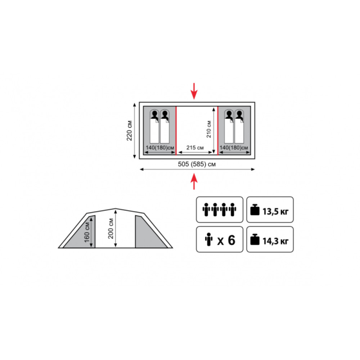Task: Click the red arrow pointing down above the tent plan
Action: (x=194, y=91)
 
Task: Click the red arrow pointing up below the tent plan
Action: (x=194, y=181)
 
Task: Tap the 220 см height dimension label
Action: (x=129, y=131)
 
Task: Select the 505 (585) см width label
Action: (x=197, y=164)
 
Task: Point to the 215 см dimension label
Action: (x=195, y=148)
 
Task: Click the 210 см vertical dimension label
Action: (x=209, y=129)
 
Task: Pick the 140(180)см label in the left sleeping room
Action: (x=160, y=148)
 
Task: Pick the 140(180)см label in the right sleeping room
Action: (x=234, y=148)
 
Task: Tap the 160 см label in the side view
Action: (x=87, y=232)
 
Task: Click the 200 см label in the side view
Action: (x=111, y=229)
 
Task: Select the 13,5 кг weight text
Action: (x=275, y=211)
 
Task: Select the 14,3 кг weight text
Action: (x=275, y=241)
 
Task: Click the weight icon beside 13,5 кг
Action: (x=255, y=210)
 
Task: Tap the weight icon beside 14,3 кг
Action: (x=255, y=239)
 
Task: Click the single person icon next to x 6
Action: (x=209, y=239)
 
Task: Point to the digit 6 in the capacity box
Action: (x=231, y=240)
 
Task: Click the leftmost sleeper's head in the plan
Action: (x=154, y=114)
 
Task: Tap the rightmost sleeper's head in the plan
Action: (x=239, y=114)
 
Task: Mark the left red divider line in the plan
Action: (x=176, y=131)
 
